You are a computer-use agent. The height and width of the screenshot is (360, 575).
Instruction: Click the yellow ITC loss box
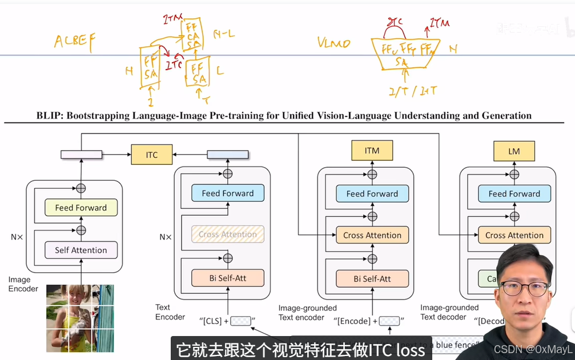(x=151, y=154)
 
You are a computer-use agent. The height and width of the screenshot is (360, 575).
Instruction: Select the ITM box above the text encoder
(x=372, y=151)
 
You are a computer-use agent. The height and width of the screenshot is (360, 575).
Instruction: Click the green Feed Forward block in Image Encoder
(x=81, y=208)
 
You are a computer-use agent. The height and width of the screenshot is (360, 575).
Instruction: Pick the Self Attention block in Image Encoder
(x=81, y=250)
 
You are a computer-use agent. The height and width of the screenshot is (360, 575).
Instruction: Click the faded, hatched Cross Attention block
(x=228, y=234)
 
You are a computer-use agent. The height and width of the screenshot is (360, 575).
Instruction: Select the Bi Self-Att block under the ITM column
(x=372, y=279)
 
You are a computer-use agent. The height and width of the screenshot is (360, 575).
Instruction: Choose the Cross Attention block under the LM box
(x=514, y=235)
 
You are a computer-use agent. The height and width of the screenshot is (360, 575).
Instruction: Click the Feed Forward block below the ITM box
(x=372, y=193)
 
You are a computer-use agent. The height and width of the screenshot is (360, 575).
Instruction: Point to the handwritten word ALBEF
(x=75, y=41)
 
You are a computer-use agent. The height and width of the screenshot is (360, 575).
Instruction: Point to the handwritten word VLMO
(x=333, y=43)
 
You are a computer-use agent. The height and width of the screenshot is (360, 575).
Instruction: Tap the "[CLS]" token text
(x=211, y=321)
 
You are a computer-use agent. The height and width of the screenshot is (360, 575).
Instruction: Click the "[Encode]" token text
(x=354, y=321)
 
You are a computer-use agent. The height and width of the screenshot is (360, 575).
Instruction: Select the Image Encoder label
(x=23, y=284)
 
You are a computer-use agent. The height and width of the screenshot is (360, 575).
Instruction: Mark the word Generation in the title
(x=506, y=116)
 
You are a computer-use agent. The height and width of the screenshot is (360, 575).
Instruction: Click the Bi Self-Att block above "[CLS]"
(x=228, y=278)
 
